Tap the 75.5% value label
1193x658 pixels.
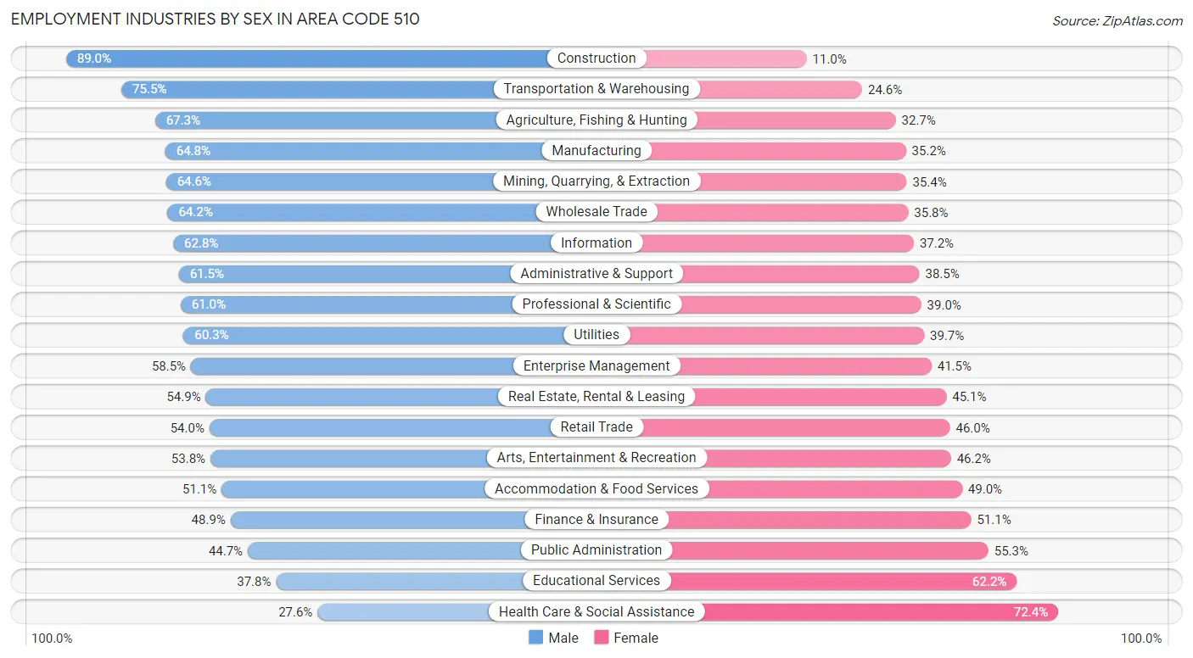(149, 89)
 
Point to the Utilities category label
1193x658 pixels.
(596, 335)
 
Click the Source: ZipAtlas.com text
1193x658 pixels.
(1117, 20)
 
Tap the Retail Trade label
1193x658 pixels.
(596, 427)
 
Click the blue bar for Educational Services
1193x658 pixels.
(399, 581)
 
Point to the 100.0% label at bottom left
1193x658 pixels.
(52, 638)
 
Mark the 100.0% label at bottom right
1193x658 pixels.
(1141, 638)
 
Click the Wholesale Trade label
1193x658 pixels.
(596, 212)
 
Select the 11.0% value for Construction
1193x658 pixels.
(830, 59)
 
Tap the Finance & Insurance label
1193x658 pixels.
(596, 519)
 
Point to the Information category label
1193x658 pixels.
(596, 243)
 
